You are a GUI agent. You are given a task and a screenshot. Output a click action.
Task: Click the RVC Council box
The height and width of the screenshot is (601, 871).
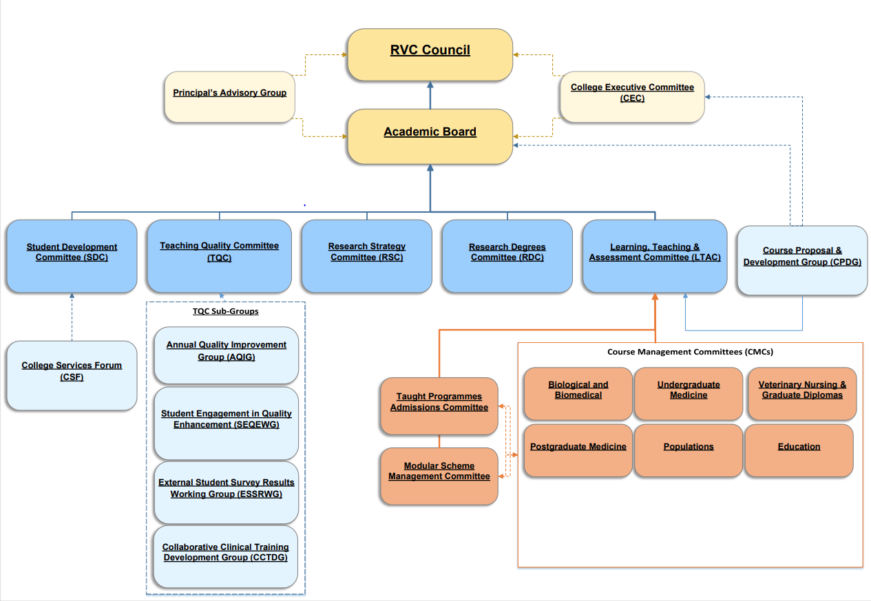point(430,54)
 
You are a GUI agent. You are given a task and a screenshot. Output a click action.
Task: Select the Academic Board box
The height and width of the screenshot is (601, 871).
point(430,136)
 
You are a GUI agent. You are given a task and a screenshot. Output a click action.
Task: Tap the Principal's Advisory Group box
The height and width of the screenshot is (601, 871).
point(229,96)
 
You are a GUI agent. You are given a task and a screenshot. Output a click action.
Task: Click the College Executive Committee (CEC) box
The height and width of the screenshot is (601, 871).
point(632,96)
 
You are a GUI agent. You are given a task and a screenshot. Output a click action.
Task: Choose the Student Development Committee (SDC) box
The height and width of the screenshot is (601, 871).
point(72,255)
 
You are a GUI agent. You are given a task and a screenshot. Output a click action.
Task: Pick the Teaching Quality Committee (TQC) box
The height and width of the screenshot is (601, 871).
point(219,255)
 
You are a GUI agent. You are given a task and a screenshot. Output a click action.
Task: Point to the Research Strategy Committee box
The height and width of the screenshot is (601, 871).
point(366,255)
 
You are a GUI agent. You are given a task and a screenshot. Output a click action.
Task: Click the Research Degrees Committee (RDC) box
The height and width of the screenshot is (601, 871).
point(507,255)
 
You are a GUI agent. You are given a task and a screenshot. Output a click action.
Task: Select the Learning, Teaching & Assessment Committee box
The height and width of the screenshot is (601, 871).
point(654,255)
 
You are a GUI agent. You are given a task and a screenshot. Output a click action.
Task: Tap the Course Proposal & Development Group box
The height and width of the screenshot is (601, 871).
point(802,260)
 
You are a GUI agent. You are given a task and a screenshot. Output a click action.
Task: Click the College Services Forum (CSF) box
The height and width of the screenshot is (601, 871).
point(72,375)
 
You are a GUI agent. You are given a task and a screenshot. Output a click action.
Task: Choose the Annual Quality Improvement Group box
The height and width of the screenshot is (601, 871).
point(226,354)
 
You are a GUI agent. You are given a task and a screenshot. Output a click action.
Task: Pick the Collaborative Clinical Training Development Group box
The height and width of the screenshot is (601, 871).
point(225,556)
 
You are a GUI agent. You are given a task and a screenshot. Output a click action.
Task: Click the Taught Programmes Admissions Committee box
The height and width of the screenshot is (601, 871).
point(439,405)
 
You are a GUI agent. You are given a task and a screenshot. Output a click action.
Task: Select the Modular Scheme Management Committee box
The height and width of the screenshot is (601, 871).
point(439,476)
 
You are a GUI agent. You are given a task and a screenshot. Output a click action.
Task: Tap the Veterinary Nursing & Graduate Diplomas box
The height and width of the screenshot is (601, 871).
point(802,394)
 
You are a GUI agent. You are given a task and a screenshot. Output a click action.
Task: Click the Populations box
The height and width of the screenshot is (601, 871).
point(688,450)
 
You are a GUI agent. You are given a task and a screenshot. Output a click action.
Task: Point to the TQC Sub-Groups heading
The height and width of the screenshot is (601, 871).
point(225,311)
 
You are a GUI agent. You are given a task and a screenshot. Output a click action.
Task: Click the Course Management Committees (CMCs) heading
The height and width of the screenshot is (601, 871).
point(689,352)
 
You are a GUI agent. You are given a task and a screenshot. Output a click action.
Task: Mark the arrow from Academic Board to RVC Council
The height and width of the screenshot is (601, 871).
point(430,95)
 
